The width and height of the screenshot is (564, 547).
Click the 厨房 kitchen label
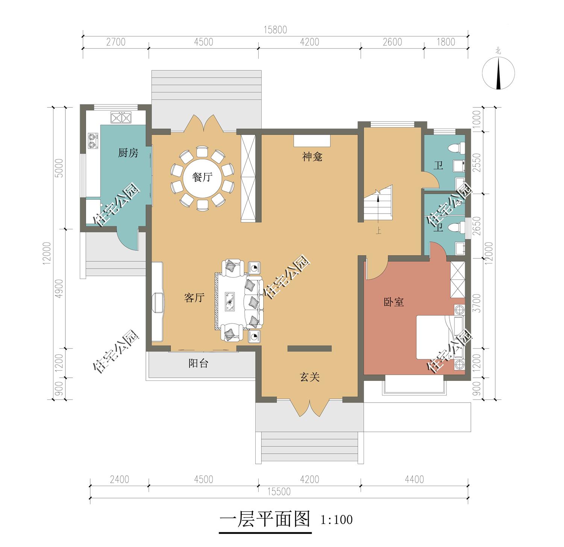pyautogui.click(x=128, y=153)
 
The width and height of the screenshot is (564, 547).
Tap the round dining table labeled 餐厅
pyautogui.click(x=202, y=177)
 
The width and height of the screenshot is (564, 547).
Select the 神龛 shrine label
pyautogui.click(x=312, y=157)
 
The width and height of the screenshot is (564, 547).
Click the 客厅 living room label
pyautogui.click(x=194, y=298)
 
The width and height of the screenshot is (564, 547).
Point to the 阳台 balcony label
pyautogui.click(x=198, y=364)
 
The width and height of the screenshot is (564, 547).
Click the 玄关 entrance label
pyautogui.click(x=310, y=377)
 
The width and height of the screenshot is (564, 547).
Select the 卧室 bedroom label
pyautogui.click(x=394, y=302)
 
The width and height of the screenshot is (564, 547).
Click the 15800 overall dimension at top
pyautogui.click(x=275, y=30)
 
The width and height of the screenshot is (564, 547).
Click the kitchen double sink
pyautogui.click(x=121, y=118)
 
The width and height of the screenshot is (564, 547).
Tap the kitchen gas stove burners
pyautogui.click(x=92, y=140)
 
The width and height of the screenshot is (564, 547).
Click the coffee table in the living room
pyautogui.click(x=230, y=301)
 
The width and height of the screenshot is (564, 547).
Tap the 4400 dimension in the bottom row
pyautogui.click(x=414, y=480)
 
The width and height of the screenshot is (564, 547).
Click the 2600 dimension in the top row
pyautogui.click(x=393, y=42)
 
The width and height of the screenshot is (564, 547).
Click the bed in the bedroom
pyautogui.click(x=438, y=337)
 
